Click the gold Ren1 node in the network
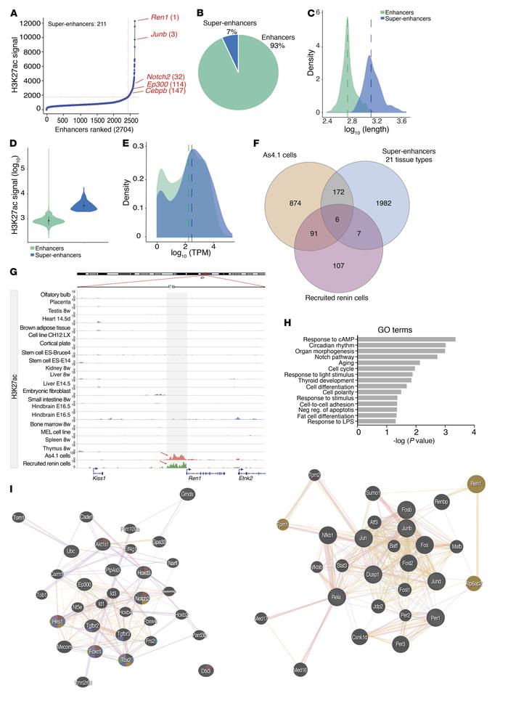pyautogui.click(x=477, y=503)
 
